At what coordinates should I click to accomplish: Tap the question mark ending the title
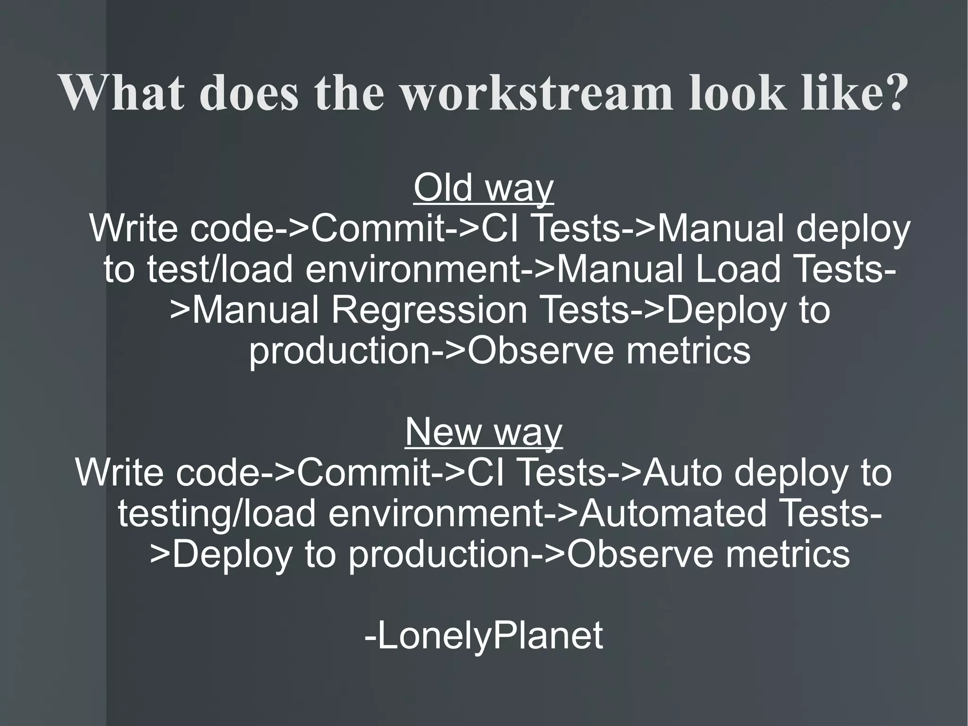coord(891,92)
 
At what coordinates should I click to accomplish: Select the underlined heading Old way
coord(484,188)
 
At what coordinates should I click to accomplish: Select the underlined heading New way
coord(484,432)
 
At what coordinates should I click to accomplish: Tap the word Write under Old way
coord(133,229)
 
